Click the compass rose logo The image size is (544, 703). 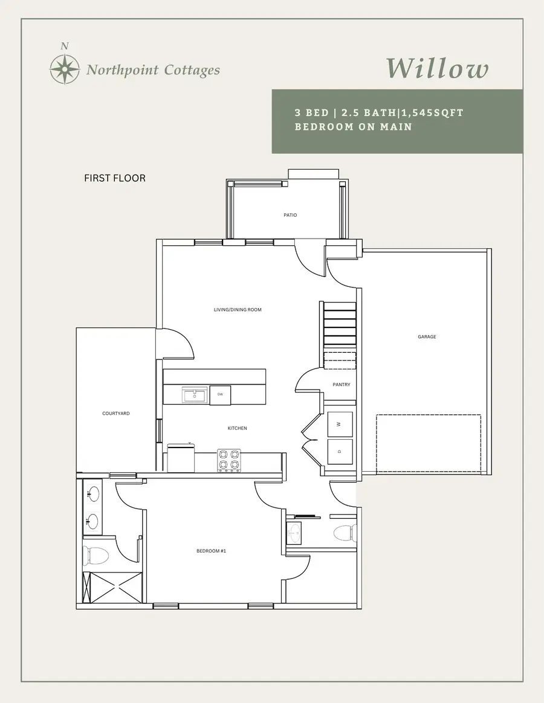(x=65, y=68)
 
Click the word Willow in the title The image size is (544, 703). (x=436, y=68)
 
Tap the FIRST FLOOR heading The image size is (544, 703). (x=115, y=178)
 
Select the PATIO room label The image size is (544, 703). (x=290, y=215)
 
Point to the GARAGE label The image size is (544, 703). (x=427, y=337)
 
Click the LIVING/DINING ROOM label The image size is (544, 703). (x=238, y=310)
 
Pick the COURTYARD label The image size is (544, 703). (x=116, y=414)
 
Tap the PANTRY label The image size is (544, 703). (x=341, y=385)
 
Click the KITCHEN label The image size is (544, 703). (x=237, y=428)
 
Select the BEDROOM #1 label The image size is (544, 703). (x=211, y=551)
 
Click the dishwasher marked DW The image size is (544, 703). (x=220, y=395)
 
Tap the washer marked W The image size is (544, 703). (x=340, y=424)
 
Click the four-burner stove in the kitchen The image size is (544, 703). (x=229, y=460)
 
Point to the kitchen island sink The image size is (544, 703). (x=195, y=396)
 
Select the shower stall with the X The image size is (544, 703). (x=112, y=586)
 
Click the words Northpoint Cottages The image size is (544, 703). (x=153, y=70)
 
